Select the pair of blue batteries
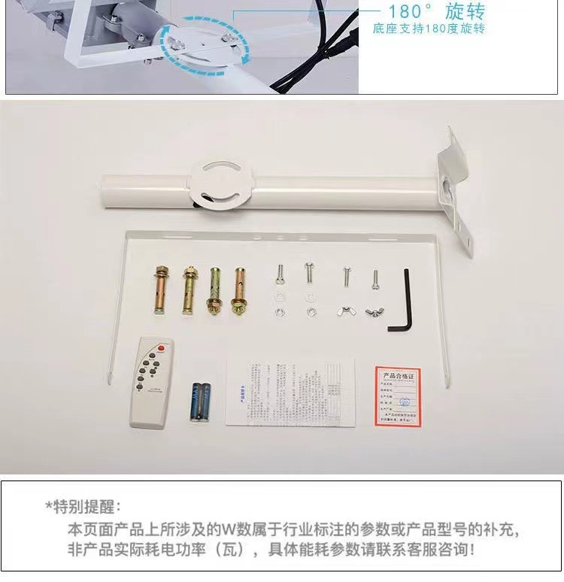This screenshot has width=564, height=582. tap(200, 400)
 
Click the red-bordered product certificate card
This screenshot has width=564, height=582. tap(397, 396)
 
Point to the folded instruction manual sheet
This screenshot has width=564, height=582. tap(291, 392)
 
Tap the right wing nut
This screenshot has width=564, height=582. tap(374, 310)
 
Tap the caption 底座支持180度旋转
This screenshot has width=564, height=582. tap(429, 29)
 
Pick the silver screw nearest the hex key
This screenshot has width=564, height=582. tap(374, 278)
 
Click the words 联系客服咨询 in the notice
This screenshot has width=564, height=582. tap(432, 550)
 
